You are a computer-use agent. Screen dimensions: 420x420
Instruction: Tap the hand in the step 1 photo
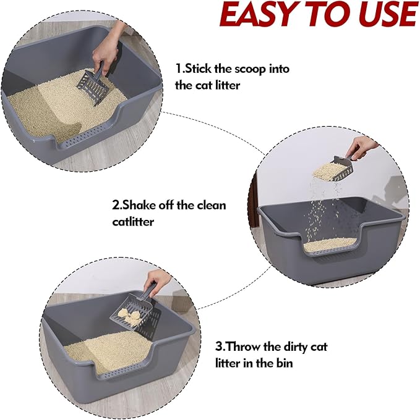click(109, 49)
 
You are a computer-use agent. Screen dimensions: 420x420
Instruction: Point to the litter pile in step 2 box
click(331, 245)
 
